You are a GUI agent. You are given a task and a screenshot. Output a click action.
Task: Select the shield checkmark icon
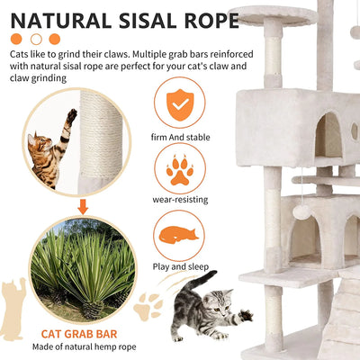(179, 103)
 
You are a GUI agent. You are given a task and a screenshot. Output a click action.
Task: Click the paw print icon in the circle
(179, 170)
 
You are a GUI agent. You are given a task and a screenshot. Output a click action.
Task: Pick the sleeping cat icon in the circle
(179, 236)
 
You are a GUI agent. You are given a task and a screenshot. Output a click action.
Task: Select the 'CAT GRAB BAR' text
(82, 332)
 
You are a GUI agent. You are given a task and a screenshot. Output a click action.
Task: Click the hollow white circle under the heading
(36, 39)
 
